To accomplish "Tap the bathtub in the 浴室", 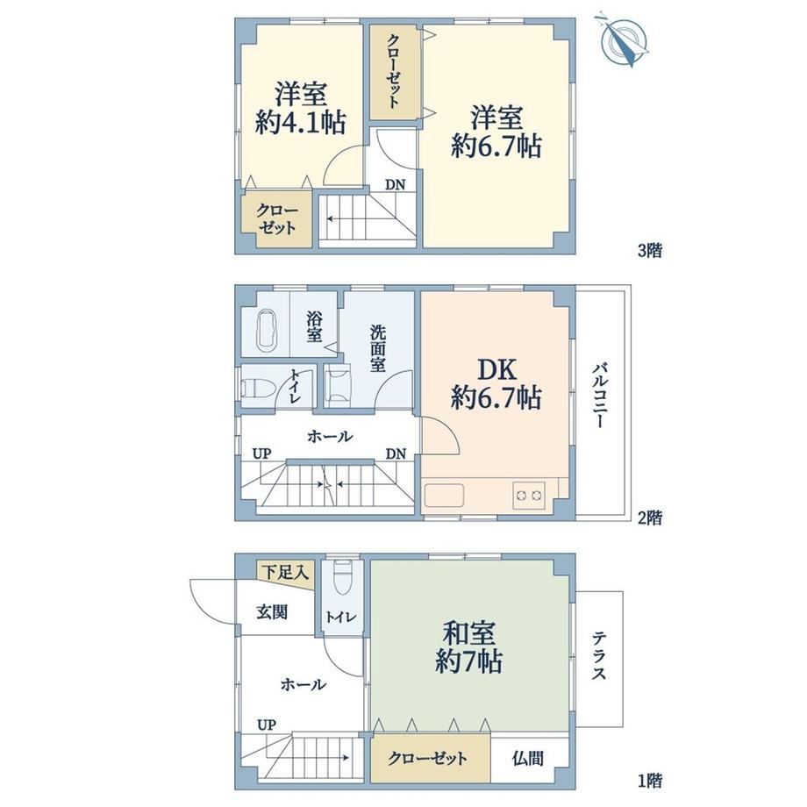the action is tap(268, 330).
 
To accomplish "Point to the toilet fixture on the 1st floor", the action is tap(342, 577).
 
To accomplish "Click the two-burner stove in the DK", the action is tap(529, 495).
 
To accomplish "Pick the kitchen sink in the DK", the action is tap(444, 495).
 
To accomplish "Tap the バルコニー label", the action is tap(598, 396).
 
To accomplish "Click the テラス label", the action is tap(598, 655).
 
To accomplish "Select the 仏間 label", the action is tap(527, 758).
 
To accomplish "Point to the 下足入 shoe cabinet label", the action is tap(286, 571).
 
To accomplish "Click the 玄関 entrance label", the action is tap(272, 612).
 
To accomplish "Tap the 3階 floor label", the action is tap(650, 251).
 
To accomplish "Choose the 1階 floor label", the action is tap(650, 781).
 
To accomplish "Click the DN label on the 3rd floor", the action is tap(396, 185).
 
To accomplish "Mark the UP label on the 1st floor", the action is tap(266, 725).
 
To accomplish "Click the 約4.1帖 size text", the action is tap(300, 123).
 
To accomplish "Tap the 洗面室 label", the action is tap(377, 348).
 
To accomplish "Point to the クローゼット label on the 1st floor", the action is tap(428, 758).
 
